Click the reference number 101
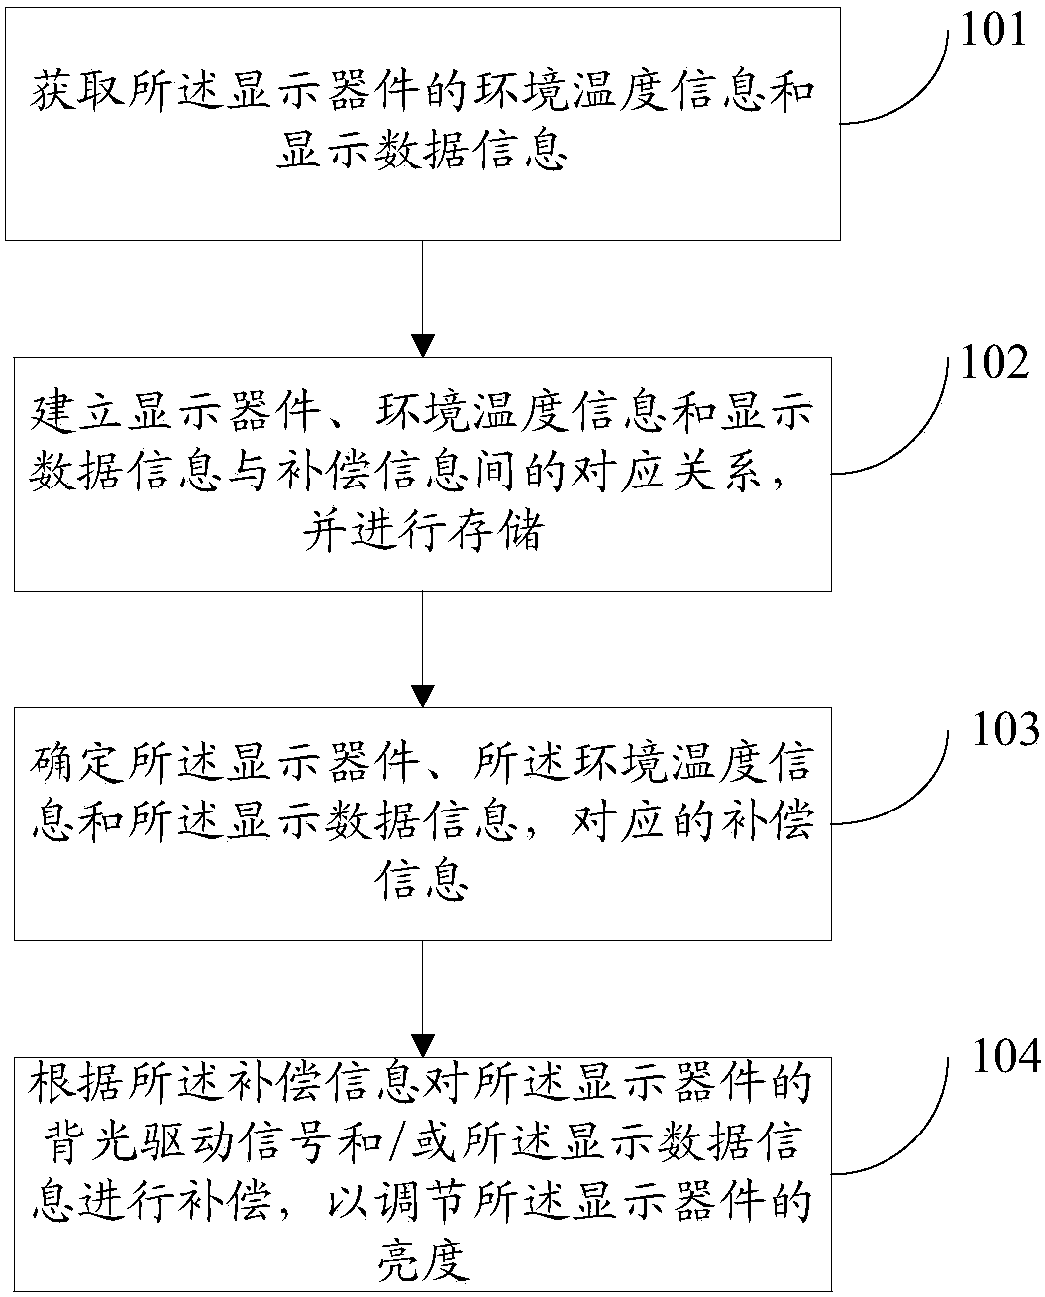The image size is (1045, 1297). pos(993,29)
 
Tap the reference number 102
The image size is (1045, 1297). pos(994,363)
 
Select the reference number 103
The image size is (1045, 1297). pos(1005,728)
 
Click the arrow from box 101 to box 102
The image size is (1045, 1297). pos(423,298)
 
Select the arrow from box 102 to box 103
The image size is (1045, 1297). pos(423,649)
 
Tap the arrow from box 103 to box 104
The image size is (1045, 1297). pos(423,999)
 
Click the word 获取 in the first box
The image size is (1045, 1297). pos(78,90)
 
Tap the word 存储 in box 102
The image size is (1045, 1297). pos(496,531)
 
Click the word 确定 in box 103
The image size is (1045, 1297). pos(78,762)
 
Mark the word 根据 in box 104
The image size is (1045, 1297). pos(77,1083)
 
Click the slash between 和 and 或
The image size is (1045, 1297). pos(398,1142)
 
